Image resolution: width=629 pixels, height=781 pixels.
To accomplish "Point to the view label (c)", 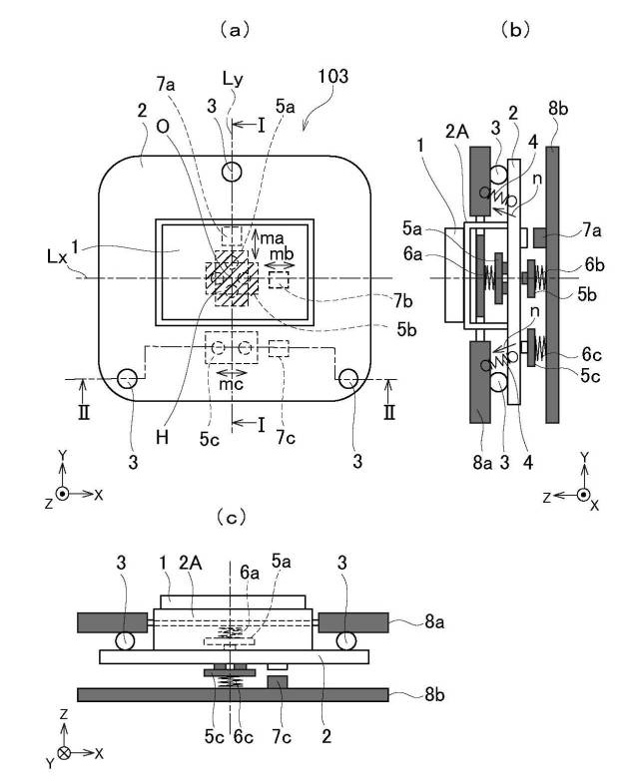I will point(233,519).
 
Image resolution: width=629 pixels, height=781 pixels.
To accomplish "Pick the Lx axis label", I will point(85,258).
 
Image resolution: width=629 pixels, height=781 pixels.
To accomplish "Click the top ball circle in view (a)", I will point(233,173).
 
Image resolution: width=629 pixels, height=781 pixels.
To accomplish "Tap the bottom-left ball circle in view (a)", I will point(126,379).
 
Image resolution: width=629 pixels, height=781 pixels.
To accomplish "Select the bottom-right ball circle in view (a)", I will point(347,379).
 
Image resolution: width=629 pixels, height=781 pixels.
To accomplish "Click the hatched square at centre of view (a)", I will point(232,276).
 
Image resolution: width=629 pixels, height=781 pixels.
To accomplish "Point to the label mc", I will point(228,382).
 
